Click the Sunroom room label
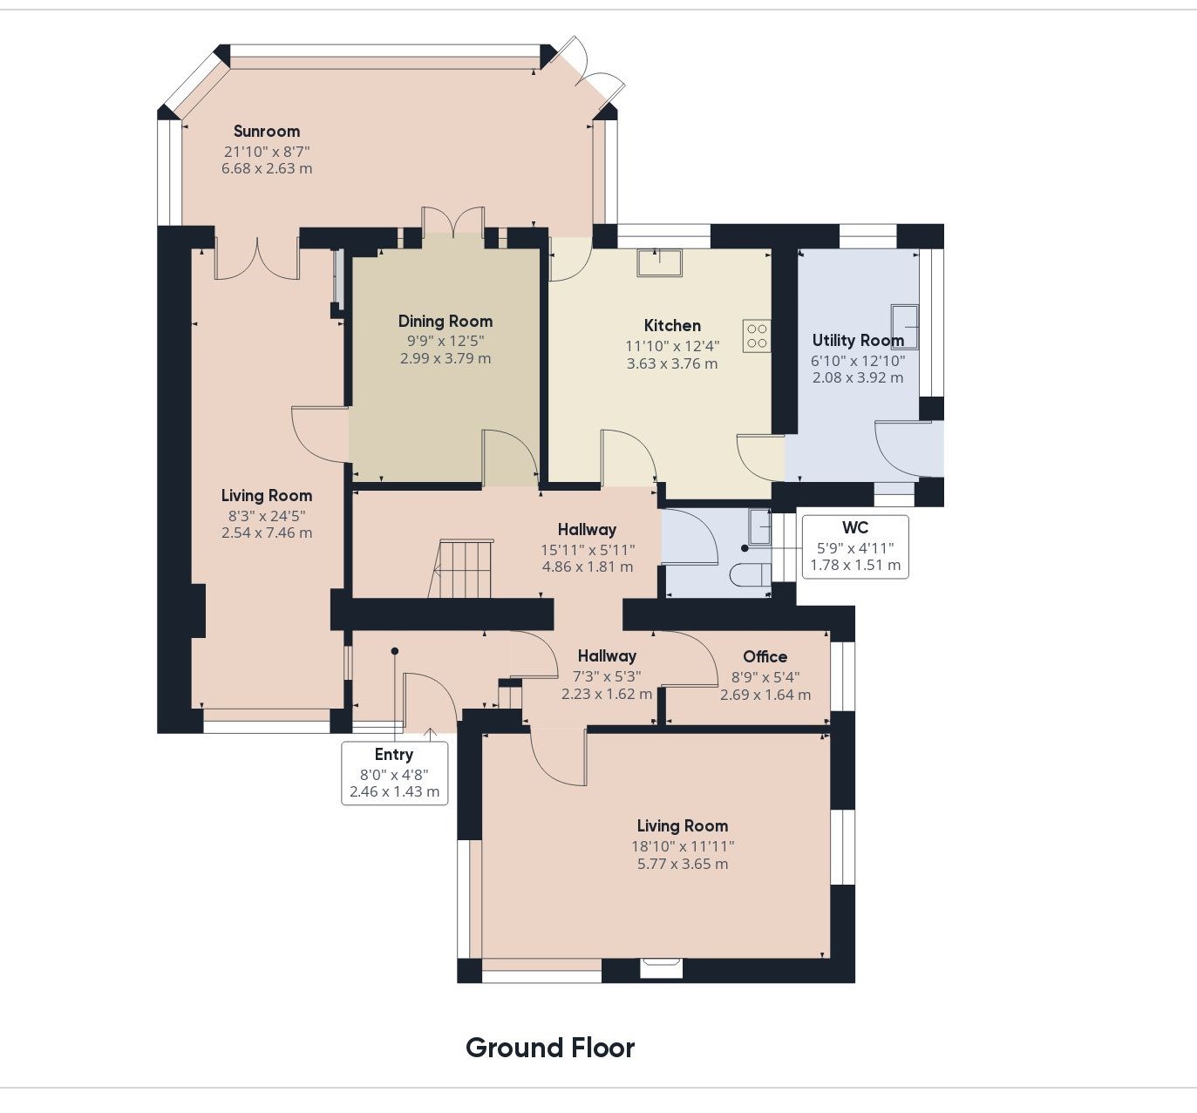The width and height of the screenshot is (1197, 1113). click(x=267, y=132)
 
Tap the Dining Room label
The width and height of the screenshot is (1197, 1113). click(x=445, y=322)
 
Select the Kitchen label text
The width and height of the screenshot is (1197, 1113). click(x=672, y=325)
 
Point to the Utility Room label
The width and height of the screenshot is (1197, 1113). click(x=858, y=341)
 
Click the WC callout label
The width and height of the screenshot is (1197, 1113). click(x=855, y=528)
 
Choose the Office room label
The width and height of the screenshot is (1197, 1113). click(x=765, y=657)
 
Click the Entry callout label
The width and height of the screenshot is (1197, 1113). click(x=394, y=755)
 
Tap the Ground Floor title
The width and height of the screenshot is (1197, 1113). click(x=550, y=1048)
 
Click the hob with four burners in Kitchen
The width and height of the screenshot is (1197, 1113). click(x=757, y=336)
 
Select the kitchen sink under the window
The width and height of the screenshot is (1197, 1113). click(x=660, y=262)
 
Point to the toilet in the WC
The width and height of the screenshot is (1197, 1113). click(x=751, y=576)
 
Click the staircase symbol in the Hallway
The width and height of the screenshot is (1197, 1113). click(x=461, y=568)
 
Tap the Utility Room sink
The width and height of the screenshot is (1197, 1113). click(x=905, y=327)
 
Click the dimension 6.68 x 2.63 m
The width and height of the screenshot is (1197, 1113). click(x=267, y=169)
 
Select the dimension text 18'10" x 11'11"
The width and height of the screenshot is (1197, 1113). click(x=683, y=846)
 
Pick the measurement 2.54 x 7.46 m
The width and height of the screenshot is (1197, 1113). click(x=267, y=533)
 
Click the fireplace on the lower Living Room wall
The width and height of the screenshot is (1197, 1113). click(x=661, y=967)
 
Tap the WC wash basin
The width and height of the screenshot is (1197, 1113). click(x=759, y=526)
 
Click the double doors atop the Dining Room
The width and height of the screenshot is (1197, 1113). click(x=453, y=221)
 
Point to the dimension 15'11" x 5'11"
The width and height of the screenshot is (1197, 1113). click(x=588, y=550)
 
